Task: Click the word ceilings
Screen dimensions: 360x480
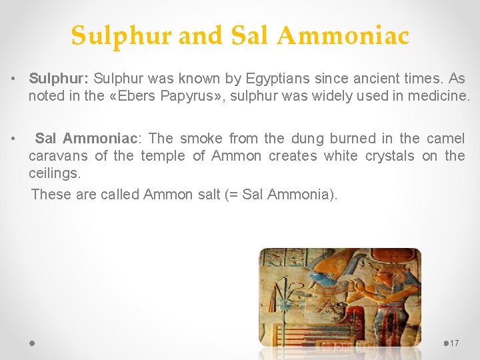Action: tap(54, 173)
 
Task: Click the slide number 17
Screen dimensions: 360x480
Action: tap(455, 343)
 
